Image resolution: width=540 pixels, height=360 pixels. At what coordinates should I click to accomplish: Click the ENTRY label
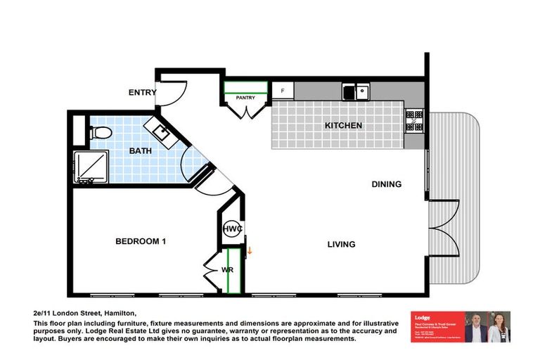(x=141, y=93)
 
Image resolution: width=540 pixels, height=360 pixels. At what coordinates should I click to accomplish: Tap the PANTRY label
(x=245, y=98)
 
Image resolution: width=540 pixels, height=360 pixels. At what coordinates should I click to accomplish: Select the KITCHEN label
(x=343, y=126)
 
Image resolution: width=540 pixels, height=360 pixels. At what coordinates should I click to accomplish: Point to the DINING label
(x=387, y=184)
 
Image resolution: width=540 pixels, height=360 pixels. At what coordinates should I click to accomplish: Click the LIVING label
(x=341, y=245)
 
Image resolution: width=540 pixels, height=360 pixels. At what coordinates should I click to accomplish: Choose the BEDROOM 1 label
(x=141, y=241)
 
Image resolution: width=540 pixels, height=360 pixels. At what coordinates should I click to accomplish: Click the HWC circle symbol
(x=232, y=229)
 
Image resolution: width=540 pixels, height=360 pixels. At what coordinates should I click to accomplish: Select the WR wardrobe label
(x=227, y=269)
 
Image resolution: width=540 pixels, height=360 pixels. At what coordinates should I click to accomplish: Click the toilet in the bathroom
(x=98, y=132)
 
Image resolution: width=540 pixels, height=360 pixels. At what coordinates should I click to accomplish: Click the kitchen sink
(x=356, y=91)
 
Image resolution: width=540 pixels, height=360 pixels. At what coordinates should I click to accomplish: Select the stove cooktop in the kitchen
(x=414, y=124)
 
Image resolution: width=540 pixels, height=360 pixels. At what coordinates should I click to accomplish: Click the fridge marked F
(x=283, y=91)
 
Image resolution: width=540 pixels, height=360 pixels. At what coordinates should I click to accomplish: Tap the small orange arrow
(x=249, y=247)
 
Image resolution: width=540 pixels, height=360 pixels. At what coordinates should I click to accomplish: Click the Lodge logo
(x=422, y=318)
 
